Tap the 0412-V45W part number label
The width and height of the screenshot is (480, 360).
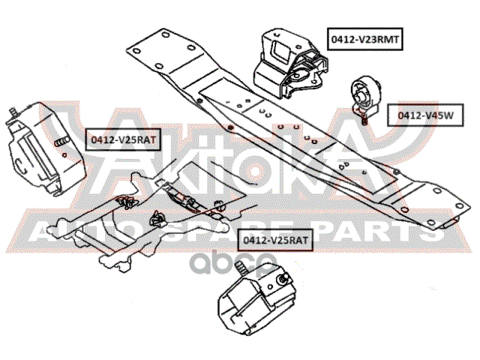click(425, 115)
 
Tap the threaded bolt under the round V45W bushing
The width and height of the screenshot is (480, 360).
click(362, 118)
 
